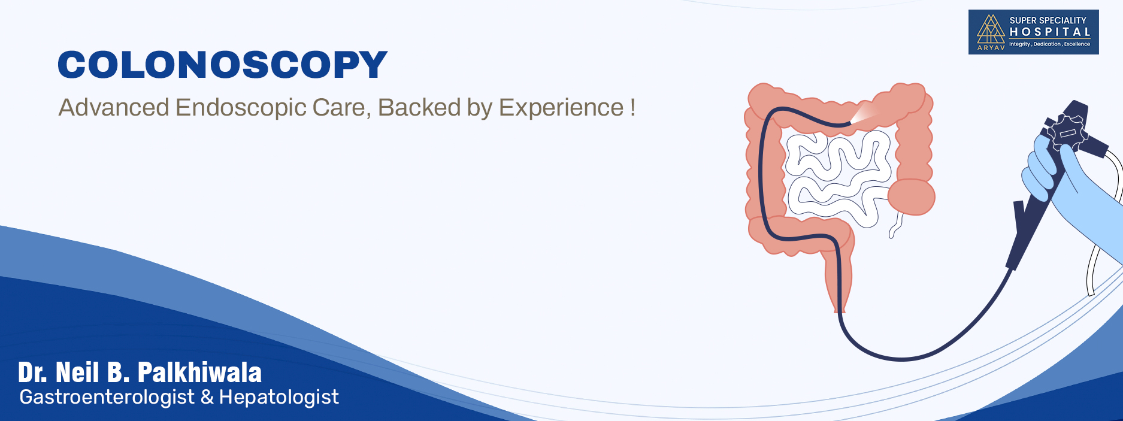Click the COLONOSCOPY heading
coord(223,65)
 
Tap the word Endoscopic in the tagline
coord(241,108)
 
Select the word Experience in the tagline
coord(561,108)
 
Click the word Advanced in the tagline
coord(114,108)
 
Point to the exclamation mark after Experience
coord(632,108)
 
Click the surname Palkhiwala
coord(199,372)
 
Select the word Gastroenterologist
coord(107,397)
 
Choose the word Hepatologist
coord(279,397)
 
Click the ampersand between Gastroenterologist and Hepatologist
coord(207,397)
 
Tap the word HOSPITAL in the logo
coord(1050,32)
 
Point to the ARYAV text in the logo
coord(991,47)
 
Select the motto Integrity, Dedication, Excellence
coord(1049,44)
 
